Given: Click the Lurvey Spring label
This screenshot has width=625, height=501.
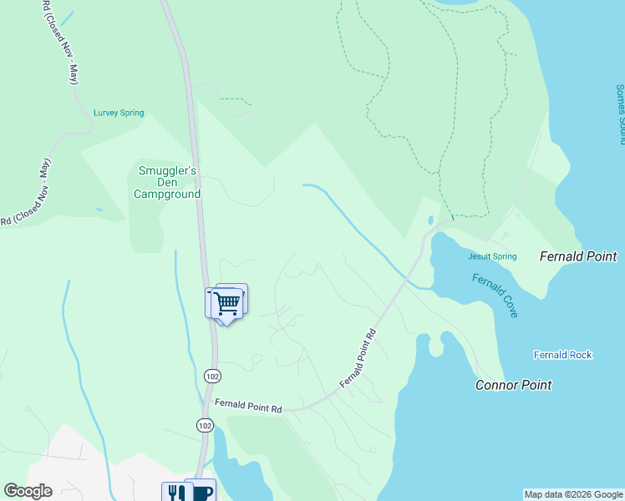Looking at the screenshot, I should [119, 113].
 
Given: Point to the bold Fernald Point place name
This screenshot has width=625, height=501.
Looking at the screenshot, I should [578, 256].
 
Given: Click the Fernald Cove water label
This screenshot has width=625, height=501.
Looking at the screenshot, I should [495, 296].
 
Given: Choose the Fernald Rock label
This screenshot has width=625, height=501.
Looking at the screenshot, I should [562, 355].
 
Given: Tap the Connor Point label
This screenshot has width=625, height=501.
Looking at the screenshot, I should [513, 385].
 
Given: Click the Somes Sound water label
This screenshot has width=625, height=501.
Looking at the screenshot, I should [620, 114].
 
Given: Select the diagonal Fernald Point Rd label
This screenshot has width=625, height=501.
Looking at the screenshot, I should [358, 358].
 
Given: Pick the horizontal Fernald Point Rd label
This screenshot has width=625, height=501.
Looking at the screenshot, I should [248, 405].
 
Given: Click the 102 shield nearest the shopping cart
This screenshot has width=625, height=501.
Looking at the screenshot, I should [212, 377].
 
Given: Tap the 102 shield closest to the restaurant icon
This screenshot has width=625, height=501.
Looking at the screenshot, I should [205, 425].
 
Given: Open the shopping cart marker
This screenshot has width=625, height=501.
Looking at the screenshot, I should [226, 303].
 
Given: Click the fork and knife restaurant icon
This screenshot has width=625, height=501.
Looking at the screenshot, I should [175, 493].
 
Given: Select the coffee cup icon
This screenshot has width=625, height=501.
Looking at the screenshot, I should [201, 492].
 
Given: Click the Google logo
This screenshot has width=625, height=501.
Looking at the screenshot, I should [28, 491].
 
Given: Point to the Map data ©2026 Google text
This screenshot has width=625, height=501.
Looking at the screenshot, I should [573, 494].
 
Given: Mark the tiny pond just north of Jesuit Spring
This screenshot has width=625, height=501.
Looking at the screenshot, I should [430, 221].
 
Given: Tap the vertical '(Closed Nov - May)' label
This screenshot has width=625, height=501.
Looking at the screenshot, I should [58, 42].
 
